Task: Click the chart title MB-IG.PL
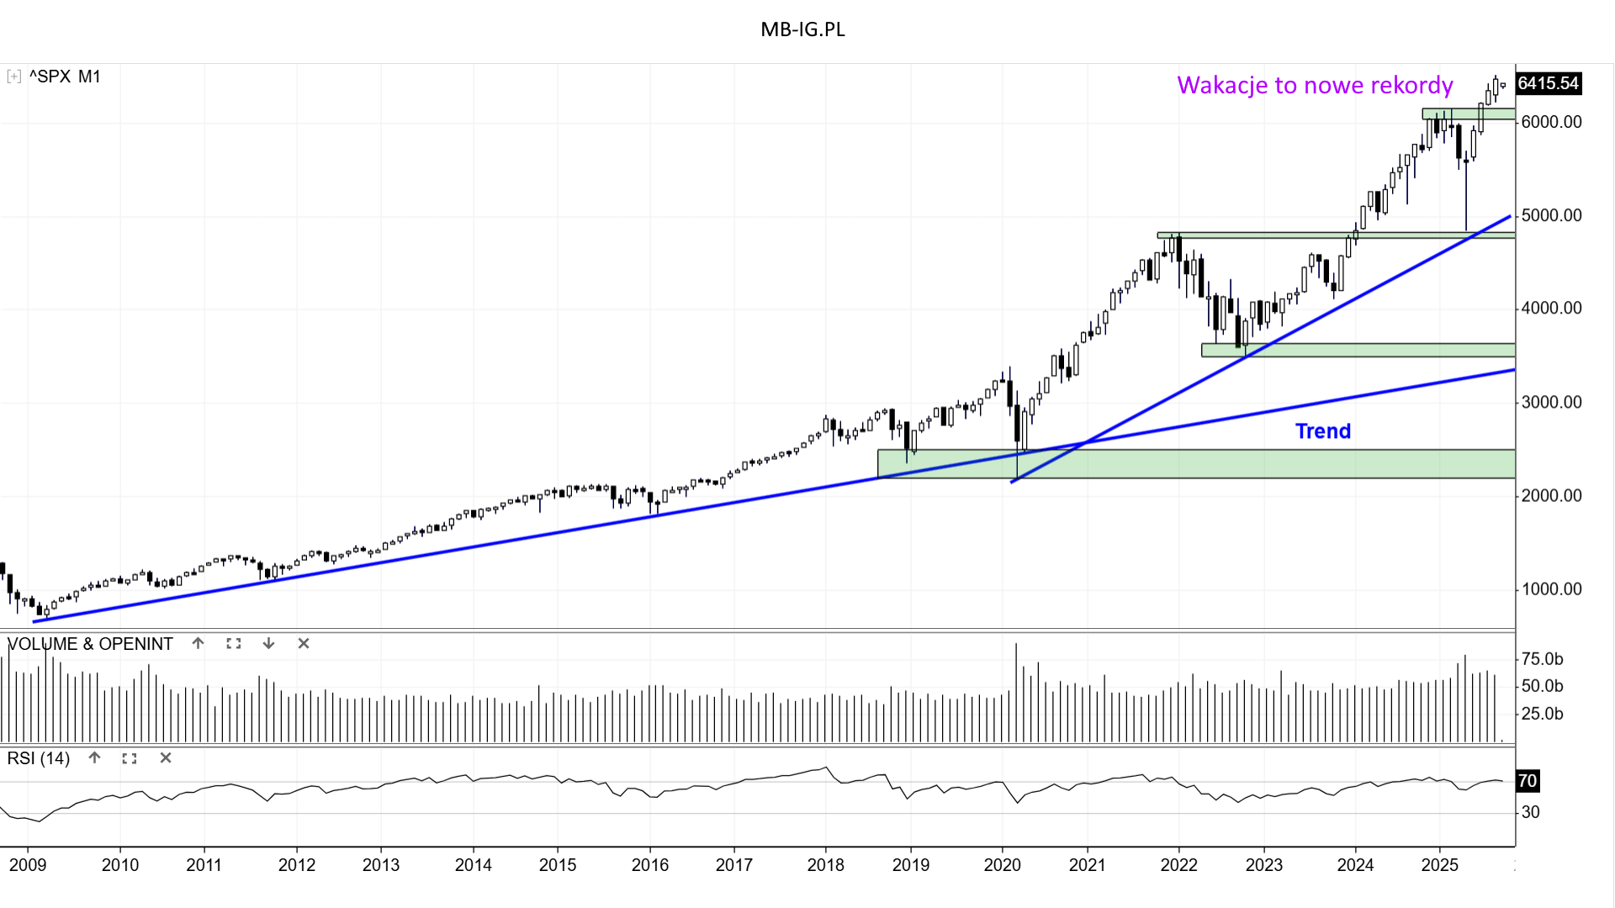point(802,29)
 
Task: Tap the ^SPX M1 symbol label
point(65,77)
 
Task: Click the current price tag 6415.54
point(1548,83)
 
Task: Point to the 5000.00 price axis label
point(1551,215)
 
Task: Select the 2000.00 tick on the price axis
point(1551,495)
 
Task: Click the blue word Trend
point(1322,431)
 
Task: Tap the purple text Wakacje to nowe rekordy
point(1314,85)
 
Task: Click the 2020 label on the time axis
point(1002,865)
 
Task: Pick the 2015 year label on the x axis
point(557,865)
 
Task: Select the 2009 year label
point(28,865)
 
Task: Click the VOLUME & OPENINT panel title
point(90,644)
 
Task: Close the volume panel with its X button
point(304,643)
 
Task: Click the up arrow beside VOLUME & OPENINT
point(198,643)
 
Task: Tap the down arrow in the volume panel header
point(268,643)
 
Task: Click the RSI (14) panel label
point(39,758)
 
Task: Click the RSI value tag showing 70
point(1527,781)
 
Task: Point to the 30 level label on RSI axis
point(1531,812)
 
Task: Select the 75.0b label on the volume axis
point(1543,659)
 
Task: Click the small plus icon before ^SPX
point(13,77)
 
